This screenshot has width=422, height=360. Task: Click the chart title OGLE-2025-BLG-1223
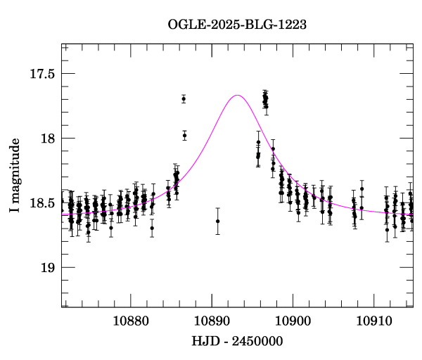[237, 25]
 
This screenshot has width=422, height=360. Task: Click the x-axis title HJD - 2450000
[237, 342]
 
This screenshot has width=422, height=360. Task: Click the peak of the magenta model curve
[237, 95]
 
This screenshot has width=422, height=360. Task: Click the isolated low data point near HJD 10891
[217, 221]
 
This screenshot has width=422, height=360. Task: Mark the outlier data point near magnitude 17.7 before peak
[184, 98]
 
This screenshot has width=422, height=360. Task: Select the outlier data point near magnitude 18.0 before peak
[185, 135]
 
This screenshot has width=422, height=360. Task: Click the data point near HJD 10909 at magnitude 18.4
[362, 188]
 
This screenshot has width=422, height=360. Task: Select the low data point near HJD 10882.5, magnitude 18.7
[152, 228]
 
